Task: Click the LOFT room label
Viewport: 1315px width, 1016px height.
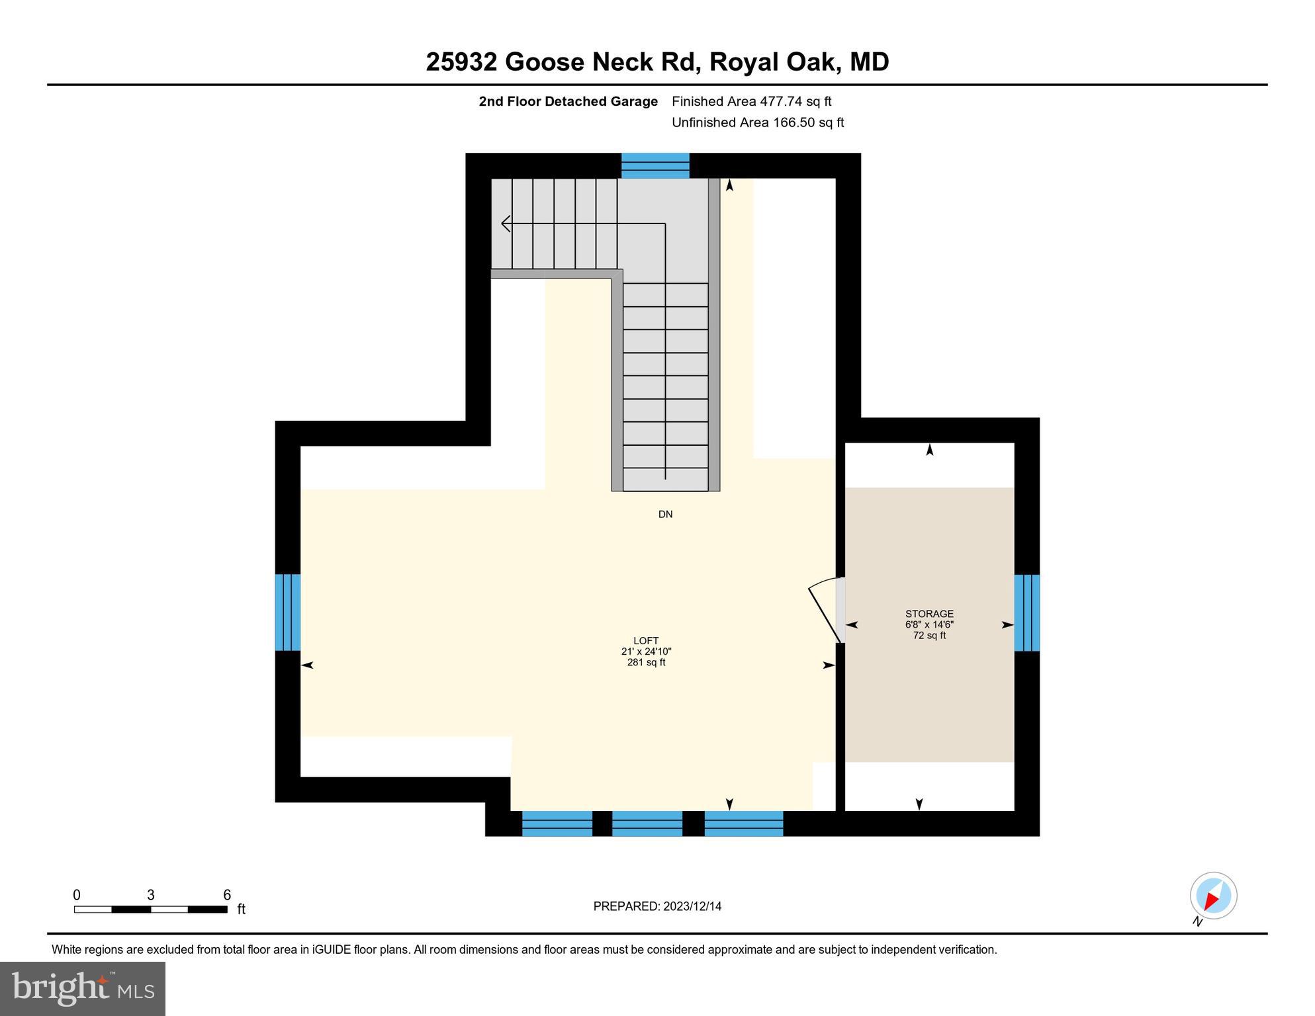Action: [646, 640]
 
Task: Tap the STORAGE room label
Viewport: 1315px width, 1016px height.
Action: [929, 614]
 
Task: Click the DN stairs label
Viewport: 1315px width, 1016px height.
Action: [665, 514]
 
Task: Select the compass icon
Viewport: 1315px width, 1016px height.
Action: [1213, 896]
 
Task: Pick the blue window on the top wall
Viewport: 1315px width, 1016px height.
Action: [655, 165]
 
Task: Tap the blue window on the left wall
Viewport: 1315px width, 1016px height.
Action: [288, 612]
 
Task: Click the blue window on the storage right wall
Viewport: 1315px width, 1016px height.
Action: [1026, 613]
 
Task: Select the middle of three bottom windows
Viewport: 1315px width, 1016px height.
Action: [647, 824]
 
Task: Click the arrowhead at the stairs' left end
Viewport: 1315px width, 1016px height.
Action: [506, 224]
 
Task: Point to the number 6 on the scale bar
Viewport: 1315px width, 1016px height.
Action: [227, 895]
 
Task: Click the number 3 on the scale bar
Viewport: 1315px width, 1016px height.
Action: [151, 895]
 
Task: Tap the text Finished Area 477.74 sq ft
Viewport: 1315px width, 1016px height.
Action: [751, 101]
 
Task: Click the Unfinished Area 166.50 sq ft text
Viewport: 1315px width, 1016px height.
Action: [758, 122]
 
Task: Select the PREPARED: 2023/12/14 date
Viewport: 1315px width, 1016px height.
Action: [657, 906]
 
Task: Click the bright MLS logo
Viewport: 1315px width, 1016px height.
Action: [83, 988]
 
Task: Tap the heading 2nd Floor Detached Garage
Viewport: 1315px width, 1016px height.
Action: [568, 101]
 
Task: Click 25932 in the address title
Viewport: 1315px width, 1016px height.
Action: [461, 62]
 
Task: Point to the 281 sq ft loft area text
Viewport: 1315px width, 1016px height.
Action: [646, 662]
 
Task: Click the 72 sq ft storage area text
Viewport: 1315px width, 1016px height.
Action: [929, 636]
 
